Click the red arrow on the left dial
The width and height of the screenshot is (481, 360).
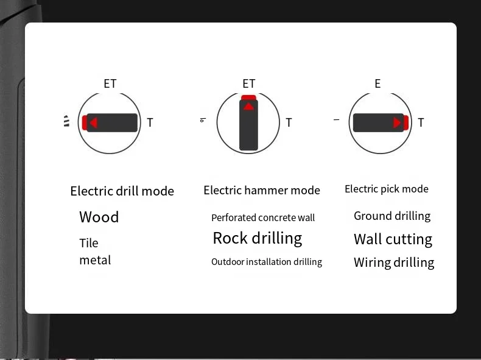pos(93,123)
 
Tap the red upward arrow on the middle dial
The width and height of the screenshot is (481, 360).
pos(248,107)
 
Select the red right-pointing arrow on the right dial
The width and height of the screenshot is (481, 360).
pos(397,123)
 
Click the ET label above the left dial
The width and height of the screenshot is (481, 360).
pos(110,84)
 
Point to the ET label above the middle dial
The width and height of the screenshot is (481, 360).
pos(249,84)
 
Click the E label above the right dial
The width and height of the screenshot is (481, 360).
pos(377,84)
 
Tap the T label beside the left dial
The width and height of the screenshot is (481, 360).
pos(150,123)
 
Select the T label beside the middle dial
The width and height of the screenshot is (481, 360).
pos(289,123)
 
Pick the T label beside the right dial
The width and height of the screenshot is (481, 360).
pos(421,123)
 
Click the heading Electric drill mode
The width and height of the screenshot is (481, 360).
pos(122,191)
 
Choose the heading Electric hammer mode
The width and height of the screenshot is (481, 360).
pos(262,191)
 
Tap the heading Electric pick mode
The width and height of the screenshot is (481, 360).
pos(387,189)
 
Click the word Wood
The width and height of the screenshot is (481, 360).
pos(99,217)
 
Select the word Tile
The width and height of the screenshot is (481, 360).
pos(89,243)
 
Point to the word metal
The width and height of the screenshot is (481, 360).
pos(95,260)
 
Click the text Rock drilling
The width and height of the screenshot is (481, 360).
pos(257,238)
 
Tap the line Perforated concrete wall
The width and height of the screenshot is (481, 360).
pos(263,217)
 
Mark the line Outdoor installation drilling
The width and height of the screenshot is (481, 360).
pos(267,262)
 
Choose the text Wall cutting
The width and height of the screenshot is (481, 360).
pos(393,239)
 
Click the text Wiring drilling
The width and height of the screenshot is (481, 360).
pos(394,263)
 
